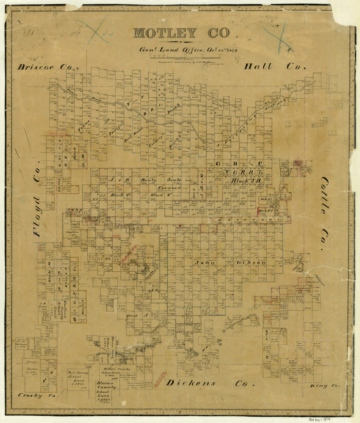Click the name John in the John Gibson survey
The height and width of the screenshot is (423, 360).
pos(204,262)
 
